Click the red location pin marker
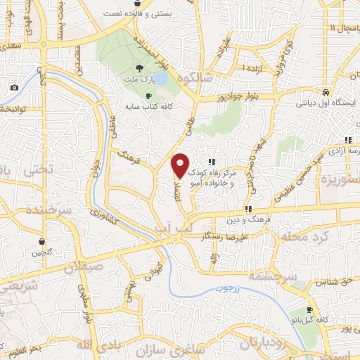pos(180,165)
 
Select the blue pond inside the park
pos(160,77)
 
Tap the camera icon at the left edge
pos(15,87)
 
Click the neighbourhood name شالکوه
pos(195,78)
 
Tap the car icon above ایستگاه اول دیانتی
pos(326,92)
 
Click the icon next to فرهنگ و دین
pos(247,208)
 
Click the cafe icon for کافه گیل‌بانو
pos(309,310)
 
